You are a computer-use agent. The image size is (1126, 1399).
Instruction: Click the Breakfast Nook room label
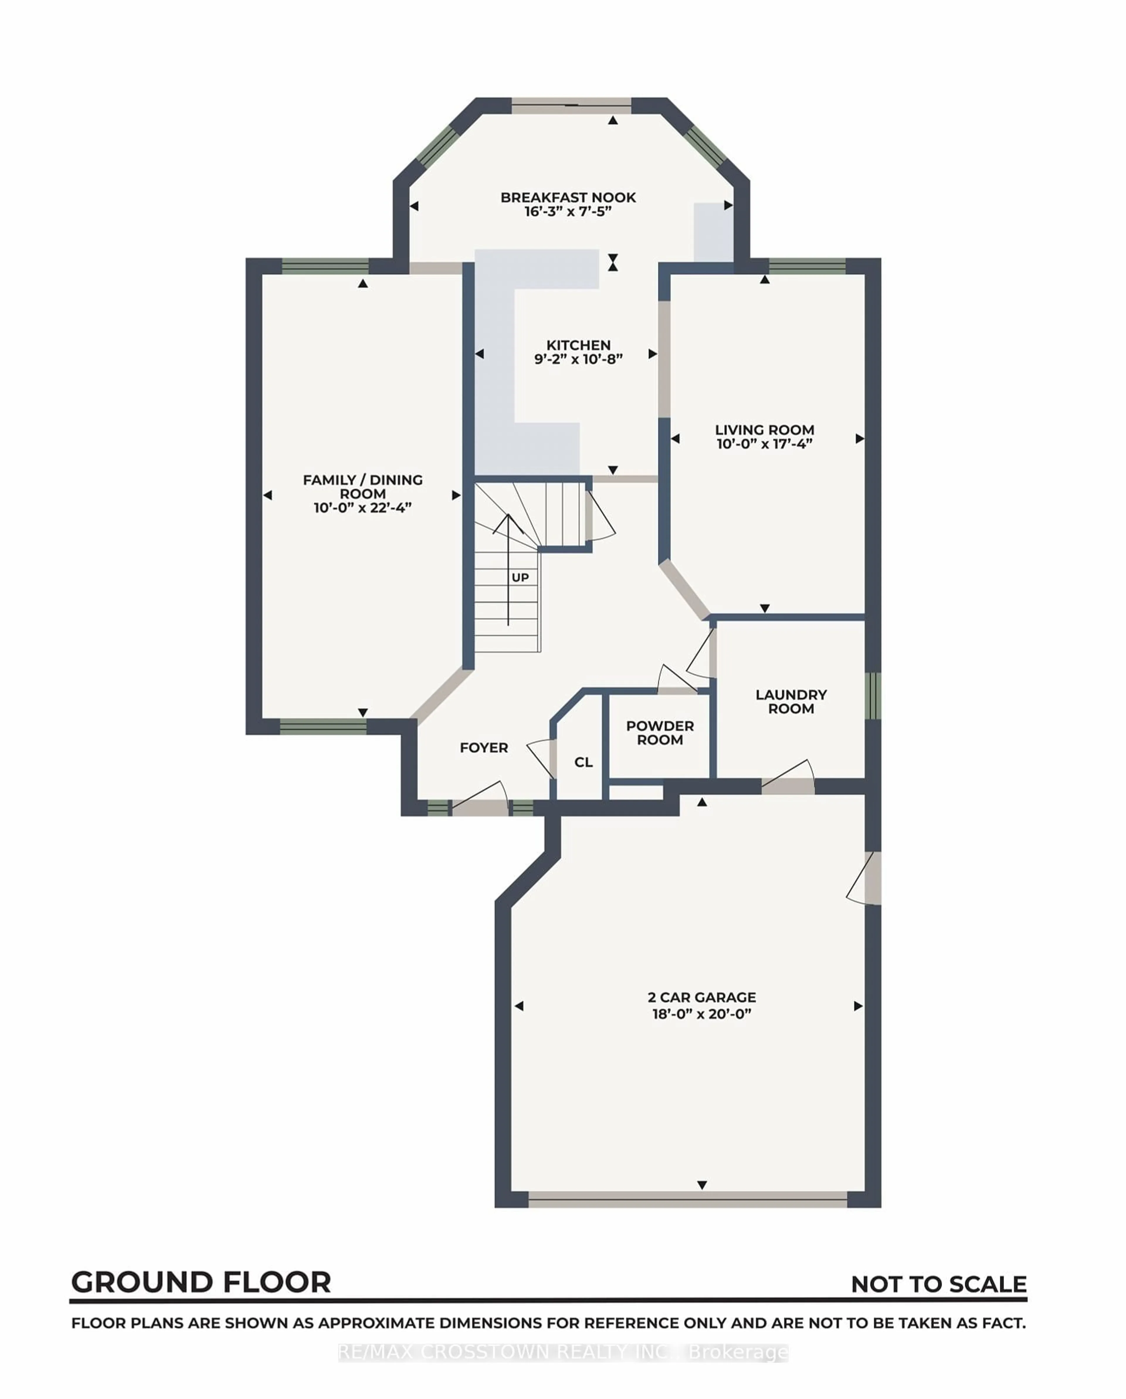tap(568, 197)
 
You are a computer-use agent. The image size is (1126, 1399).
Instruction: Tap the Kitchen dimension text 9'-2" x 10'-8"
tap(578, 359)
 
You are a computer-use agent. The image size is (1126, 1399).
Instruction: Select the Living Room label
tap(764, 429)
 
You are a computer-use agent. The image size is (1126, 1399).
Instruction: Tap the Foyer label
tap(484, 748)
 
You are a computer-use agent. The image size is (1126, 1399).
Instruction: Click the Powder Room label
tap(660, 733)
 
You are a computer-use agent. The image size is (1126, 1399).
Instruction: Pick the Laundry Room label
tap(791, 702)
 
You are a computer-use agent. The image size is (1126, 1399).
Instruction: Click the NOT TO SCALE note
tap(938, 1284)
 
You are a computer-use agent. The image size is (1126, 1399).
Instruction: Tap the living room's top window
tap(807, 266)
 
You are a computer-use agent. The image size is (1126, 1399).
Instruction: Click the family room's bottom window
tap(323, 727)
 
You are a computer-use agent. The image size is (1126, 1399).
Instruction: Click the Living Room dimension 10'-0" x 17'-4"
tap(764, 444)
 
